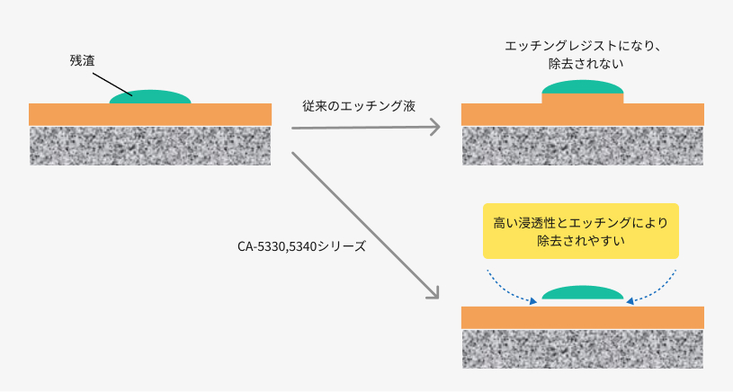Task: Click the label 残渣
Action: (x=83, y=61)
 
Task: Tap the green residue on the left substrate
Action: (x=150, y=96)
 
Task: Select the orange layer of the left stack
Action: (x=150, y=114)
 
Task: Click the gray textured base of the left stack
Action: (x=150, y=145)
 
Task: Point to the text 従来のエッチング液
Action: (x=358, y=105)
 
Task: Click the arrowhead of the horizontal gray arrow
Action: (x=434, y=128)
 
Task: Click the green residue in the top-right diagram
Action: (x=582, y=86)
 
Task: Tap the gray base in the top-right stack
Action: (x=582, y=145)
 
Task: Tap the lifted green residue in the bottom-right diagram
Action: (x=582, y=292)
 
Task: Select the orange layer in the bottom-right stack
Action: (x=582, y=317)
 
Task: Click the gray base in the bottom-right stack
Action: (x=582, y=349)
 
